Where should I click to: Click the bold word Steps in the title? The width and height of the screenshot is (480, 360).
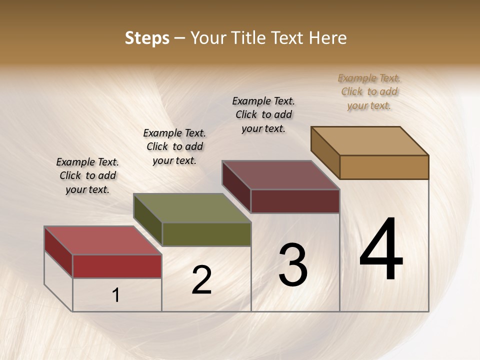tap(147, 38)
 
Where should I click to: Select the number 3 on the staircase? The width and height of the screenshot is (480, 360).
tap(293, 265)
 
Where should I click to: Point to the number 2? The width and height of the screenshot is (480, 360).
tap(201, 280)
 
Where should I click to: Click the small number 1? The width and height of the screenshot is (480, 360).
tap(116, 295)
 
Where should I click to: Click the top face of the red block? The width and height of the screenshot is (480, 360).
tap(102, 240)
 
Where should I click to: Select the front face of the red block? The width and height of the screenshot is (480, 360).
tap(117, 266)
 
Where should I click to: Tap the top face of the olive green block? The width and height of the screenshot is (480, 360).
tap(191, 208)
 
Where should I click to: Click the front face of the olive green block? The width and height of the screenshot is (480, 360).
tap(206, 234)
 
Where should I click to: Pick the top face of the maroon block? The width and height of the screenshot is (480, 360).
tap(280, 175)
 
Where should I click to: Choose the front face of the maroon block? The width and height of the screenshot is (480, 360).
tap(295, 201)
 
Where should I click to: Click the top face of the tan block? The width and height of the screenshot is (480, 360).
tap(369, 141)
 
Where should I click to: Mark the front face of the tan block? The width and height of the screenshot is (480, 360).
tap(384, 167)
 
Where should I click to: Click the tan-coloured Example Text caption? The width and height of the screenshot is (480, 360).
tap(369, 91)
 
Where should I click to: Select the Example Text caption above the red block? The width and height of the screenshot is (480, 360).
tap(87, 175)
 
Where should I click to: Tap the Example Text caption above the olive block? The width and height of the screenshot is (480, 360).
tap(174, 146)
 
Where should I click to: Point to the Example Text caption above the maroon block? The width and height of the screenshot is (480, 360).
tap(263, 114)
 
